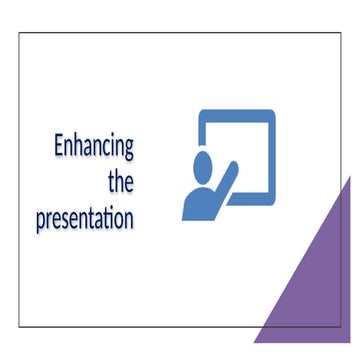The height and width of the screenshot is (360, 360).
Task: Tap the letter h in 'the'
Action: (119, 180)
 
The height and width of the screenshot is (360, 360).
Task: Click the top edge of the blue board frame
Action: (237, 112)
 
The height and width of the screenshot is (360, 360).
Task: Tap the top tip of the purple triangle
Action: (351, 178)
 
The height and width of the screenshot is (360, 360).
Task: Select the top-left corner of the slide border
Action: (19, 33)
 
